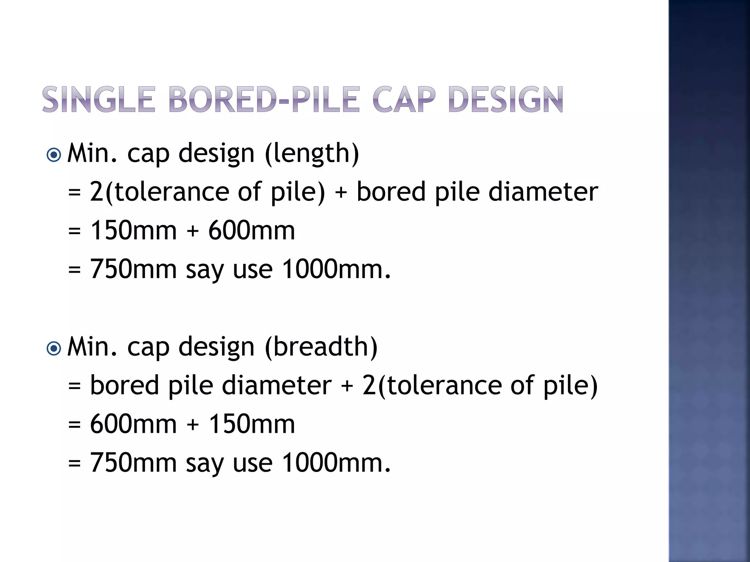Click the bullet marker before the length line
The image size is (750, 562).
click(x=54, y=155)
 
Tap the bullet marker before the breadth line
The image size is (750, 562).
click(x=54, y=349)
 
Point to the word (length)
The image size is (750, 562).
click(x=312, y=153)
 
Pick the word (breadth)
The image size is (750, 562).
click(x=321, y=347)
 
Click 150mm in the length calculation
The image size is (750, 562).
click(x=134, y=231)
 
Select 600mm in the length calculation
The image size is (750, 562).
click(x=252, y=231)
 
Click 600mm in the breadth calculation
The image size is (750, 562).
click(x=134, y=424)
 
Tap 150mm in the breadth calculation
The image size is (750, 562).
click(x=252, y=424)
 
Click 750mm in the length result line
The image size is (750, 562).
click(x=134, y=269)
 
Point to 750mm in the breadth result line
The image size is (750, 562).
click(x=134, y=463)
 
